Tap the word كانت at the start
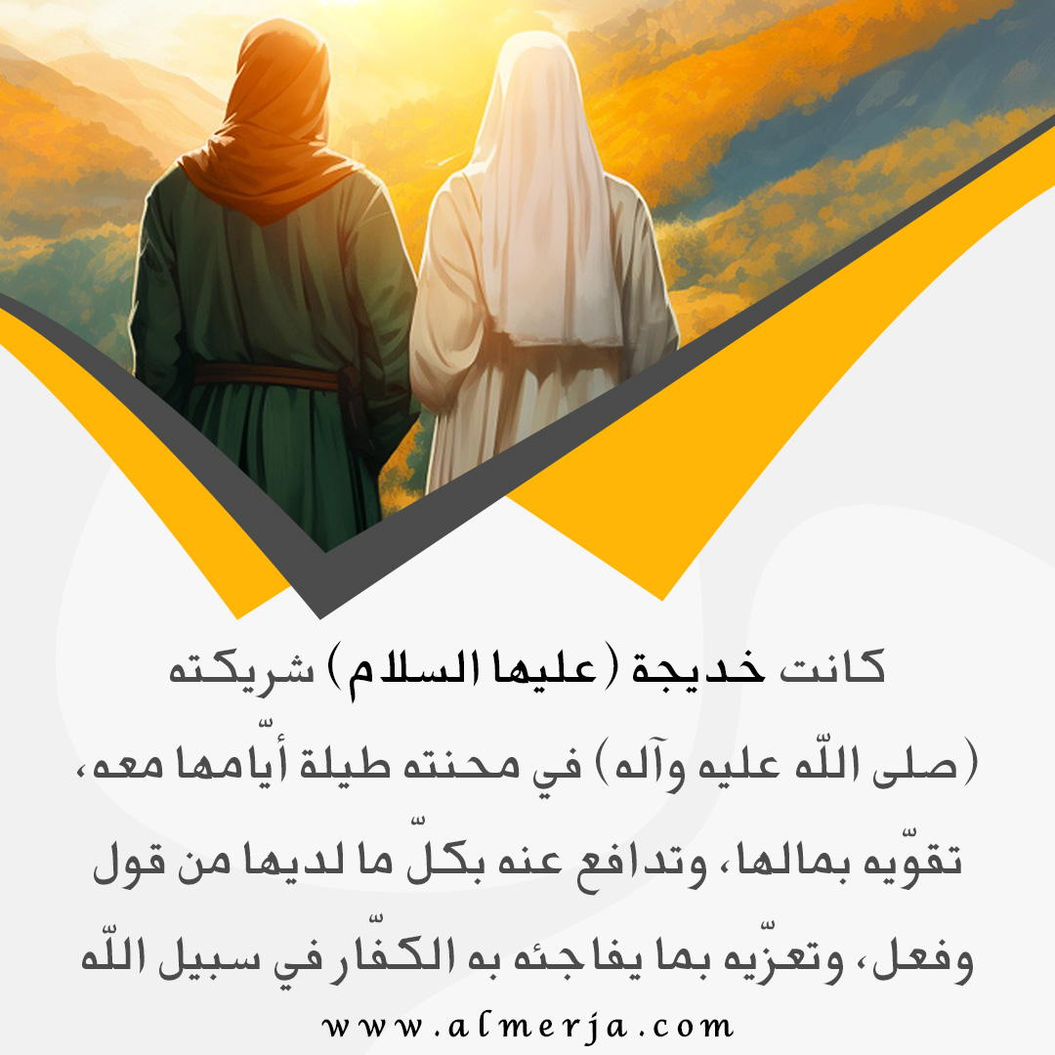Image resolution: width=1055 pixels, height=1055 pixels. [x=831, y=666]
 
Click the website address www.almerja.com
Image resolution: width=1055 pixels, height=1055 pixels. [x=527, y=1027]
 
